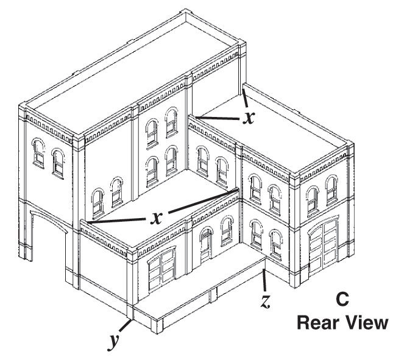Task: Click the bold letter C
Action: (342, 300)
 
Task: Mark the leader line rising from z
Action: (263, 281)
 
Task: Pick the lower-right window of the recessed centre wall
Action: (171, 160)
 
